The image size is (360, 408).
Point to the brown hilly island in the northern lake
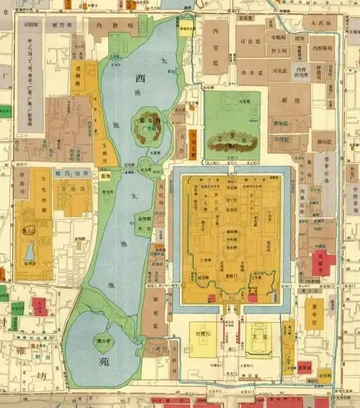[150, 128]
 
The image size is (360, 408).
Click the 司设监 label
[256, 42]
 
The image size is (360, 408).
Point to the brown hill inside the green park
[232, 143]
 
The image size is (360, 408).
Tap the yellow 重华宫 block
[314, 314]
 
